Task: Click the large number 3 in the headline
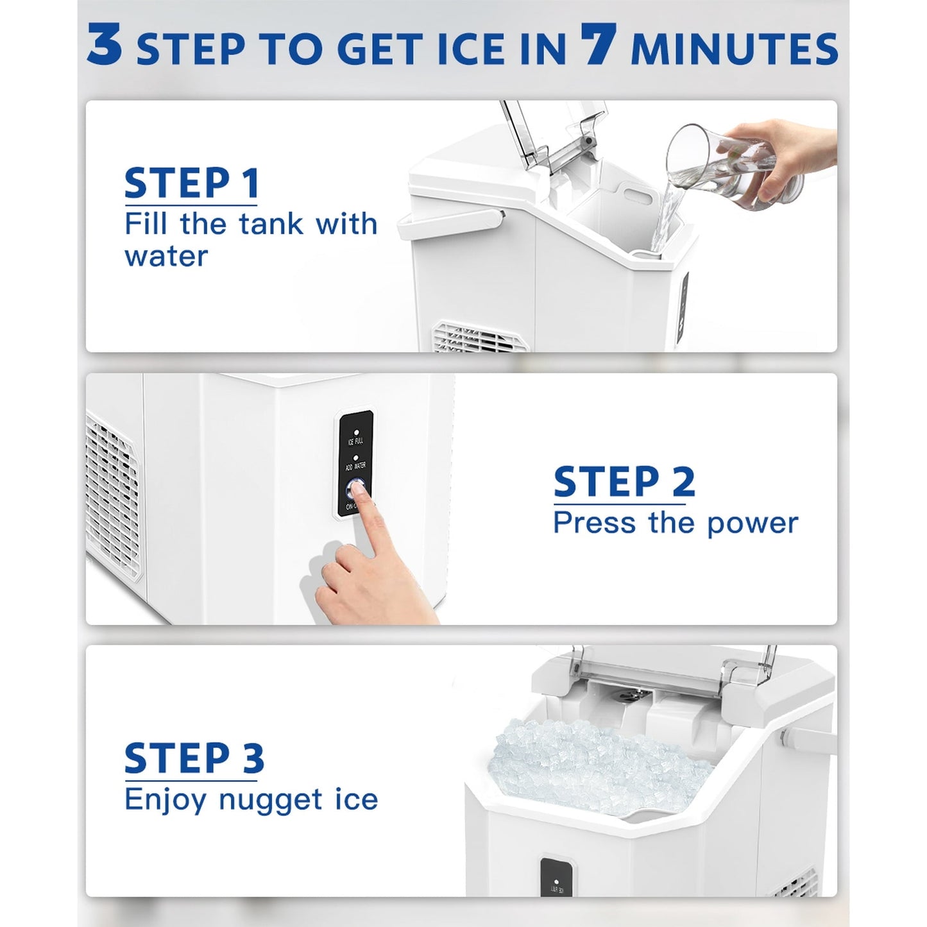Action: (x=105, y=45)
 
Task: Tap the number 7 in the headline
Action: (x=599, y=45)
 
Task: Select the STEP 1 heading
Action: (x=192, y=184)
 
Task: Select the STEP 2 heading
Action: (x=624, y=482)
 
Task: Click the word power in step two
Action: (x=752, y=524)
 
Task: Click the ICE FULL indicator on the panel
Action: (x=355, y=438)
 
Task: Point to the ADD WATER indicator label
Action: (x=355, y=466)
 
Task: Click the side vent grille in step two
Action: (x=114, y=497)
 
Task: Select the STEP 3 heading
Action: (x=194, y=759)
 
